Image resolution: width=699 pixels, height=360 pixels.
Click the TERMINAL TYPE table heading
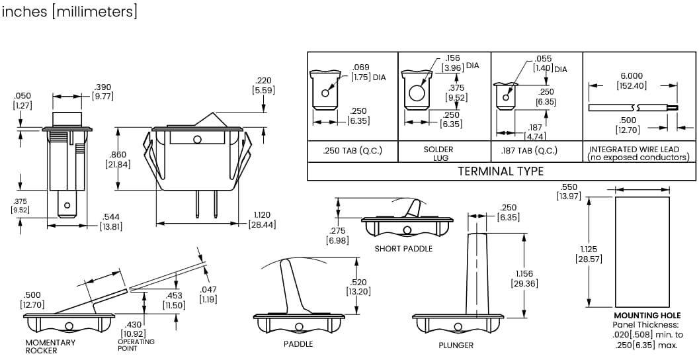501,171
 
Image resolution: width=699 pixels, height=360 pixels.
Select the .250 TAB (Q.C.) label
352,150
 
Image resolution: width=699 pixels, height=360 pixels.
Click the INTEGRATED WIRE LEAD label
639,153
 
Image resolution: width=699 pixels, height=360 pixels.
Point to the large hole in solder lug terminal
417,93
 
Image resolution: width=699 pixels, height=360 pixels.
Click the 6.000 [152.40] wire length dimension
631,81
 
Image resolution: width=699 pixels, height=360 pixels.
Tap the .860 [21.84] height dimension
118,159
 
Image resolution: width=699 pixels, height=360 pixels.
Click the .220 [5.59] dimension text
263,85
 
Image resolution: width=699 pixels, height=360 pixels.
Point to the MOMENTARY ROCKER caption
50,346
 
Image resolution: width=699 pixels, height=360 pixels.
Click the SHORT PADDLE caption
403,249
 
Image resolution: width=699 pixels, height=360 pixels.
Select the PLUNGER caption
456,345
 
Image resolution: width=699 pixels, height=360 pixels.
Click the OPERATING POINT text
136,345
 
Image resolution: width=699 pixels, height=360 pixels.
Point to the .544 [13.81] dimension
111,222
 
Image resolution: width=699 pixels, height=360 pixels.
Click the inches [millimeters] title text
69,12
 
